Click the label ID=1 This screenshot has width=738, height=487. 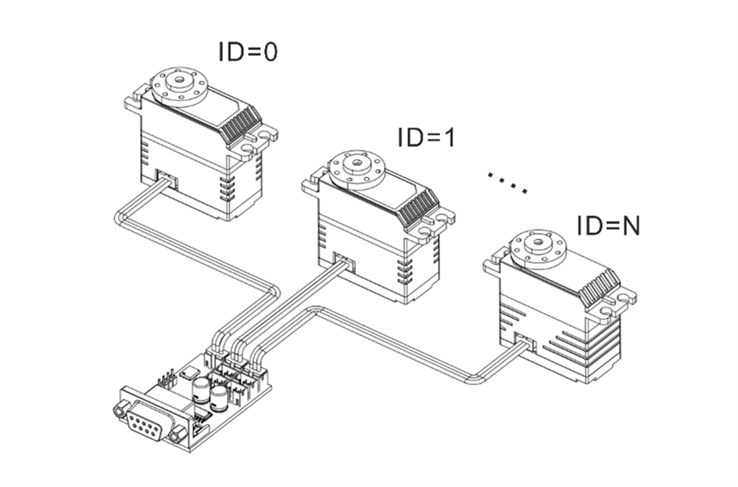point(426,137)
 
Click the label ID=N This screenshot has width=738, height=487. point(608,226)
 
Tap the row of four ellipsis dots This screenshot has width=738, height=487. point(507,183)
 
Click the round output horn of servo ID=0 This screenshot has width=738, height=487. point(178,85)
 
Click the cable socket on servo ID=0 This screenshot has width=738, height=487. point(168,178)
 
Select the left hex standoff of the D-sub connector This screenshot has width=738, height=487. point(119,411)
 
